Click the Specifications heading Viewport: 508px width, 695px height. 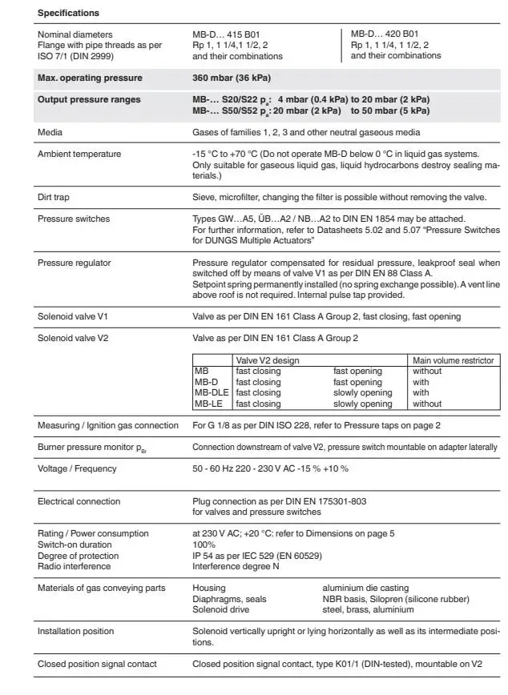click(68, 14)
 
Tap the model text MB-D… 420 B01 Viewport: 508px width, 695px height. click(385, 34)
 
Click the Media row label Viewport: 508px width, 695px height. click(50, 132)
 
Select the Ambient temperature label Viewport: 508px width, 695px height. click(79, 154)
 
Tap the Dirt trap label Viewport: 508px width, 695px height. click(55, 196)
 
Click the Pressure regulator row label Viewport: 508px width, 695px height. click(74, 262)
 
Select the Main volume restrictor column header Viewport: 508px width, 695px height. click(452, 360)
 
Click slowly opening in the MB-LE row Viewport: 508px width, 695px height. click(362, 404)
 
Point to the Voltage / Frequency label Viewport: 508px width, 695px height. click(77, 468)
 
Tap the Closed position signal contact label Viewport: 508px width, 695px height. click(97, 664)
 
